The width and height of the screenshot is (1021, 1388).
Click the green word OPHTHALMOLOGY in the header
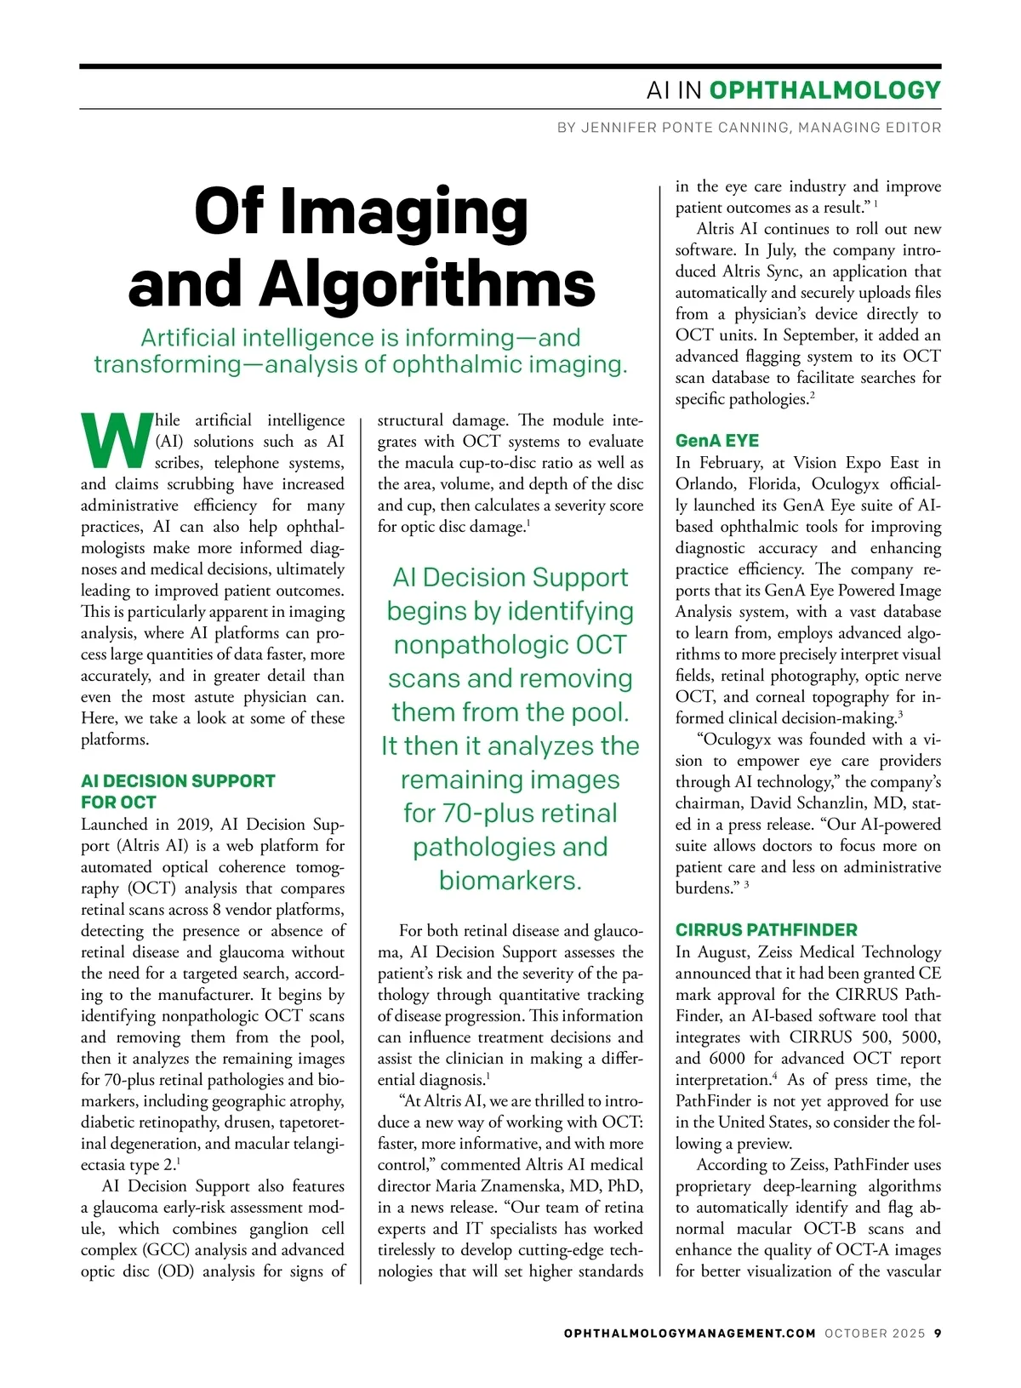(824, 90)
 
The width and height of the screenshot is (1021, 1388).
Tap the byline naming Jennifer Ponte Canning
(749, 128)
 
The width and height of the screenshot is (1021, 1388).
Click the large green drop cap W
(117, 441)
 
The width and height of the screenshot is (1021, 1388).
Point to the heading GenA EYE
(716, 441)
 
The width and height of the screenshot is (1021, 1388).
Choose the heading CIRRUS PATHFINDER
(766, 930)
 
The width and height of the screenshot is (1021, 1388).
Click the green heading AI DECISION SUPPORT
(178, 781)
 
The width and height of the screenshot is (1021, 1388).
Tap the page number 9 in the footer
(937, 1334)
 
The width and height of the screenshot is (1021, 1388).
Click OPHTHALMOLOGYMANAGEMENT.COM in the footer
(689, 1334)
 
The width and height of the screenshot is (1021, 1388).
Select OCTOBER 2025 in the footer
(874, 1334)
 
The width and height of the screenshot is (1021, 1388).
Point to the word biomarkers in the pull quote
(509, 881)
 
